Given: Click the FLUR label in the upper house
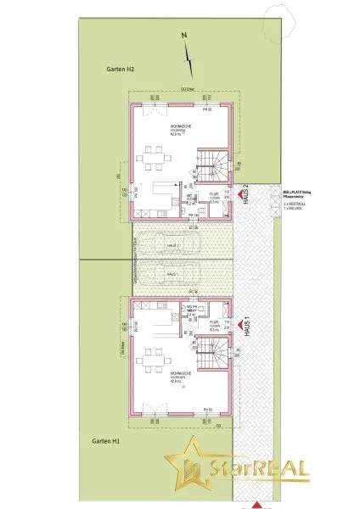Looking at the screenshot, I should (x=214, y=193).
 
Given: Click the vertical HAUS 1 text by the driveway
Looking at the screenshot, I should (x=246, y=324).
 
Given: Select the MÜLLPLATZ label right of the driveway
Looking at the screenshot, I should (x=295, y=193).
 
